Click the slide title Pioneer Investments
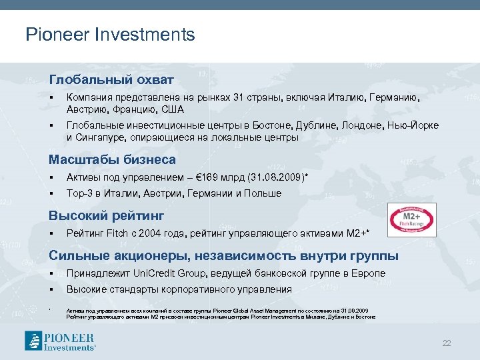click(110, 35)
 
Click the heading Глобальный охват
click(111, 80)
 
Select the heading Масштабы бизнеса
click(112, 160)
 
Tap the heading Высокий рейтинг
click(106, 216)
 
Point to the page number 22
click(447, 343)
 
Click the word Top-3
click(80, 193)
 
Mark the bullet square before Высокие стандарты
click(51, 289)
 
